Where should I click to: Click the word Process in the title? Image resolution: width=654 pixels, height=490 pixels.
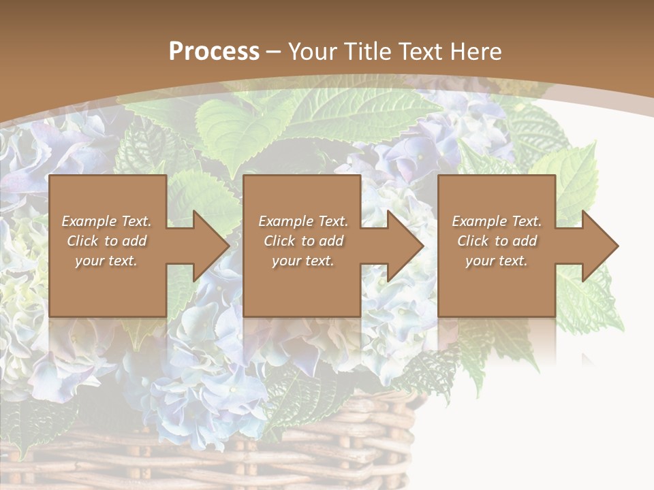[214, 52]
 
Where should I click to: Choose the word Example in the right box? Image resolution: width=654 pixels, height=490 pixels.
[479, 221]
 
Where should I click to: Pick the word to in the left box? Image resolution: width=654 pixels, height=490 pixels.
[111, 241]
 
